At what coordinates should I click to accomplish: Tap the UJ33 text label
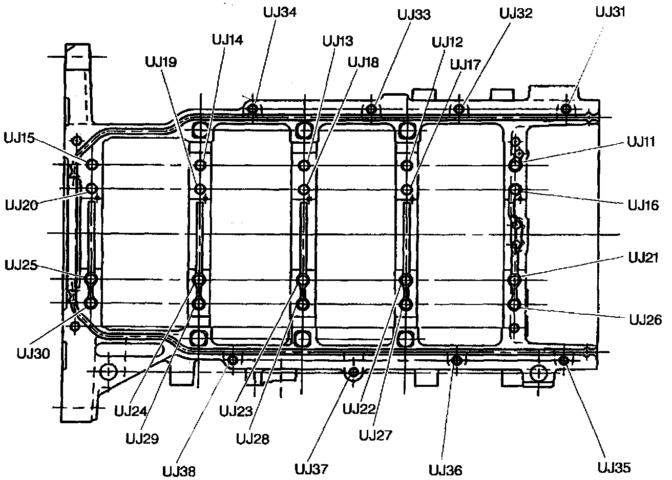click(414, 14)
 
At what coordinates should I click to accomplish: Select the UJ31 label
click(611, 12)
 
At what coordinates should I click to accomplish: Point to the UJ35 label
click(614, 467)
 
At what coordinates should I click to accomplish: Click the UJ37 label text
click(311, 469)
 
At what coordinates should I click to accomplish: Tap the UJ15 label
click(19, 138)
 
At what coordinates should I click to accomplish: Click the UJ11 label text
click(640, 142)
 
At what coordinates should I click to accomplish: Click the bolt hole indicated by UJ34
click(253, 108)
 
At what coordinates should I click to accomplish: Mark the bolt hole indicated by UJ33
click(372, 108)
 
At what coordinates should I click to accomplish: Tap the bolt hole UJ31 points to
click(566, 108)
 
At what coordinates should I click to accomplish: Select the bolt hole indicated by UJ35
click(563, 360)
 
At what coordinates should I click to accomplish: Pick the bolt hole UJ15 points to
click(92, 165)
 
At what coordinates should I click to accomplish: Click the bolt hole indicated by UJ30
click(91, 303)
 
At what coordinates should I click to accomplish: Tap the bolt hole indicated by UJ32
click(459, 108)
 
